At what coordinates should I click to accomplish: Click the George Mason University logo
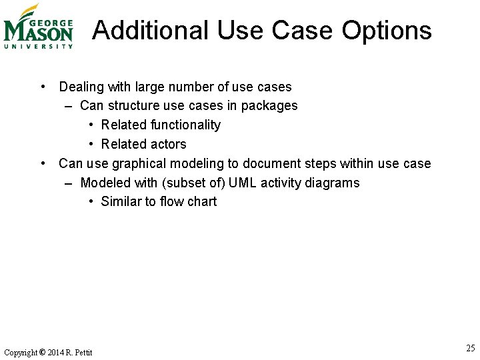tap(38, 27)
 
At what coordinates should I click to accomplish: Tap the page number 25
tap(471, 348)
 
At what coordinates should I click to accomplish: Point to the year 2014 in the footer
tap(57, 352)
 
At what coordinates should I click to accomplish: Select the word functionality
tap(185, 125)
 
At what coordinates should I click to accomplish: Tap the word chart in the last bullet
tap(202, 201)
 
